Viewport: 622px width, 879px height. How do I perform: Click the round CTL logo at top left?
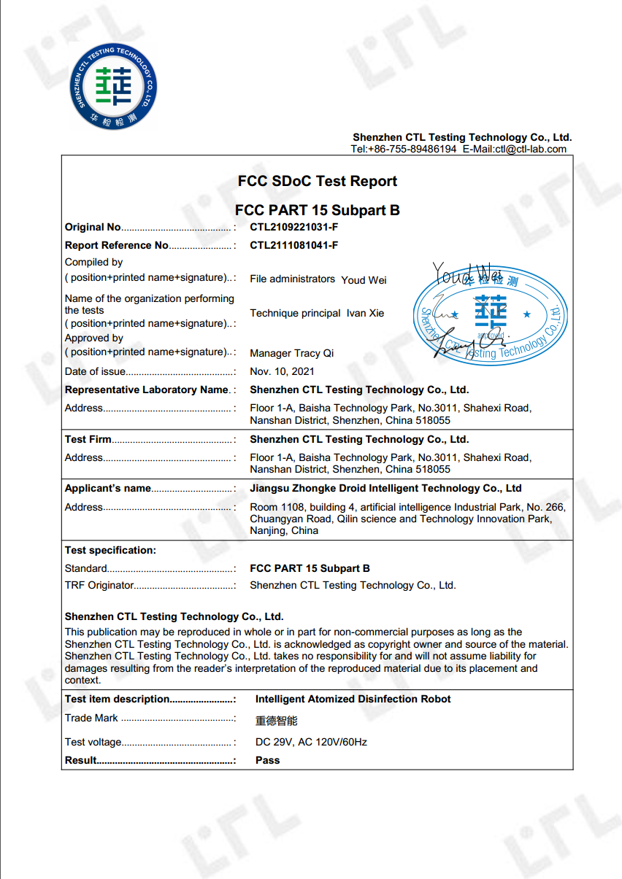pyautogui.click(x=113, y=86)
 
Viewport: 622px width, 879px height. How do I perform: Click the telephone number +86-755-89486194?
pyautogui.click(x=414, y=149)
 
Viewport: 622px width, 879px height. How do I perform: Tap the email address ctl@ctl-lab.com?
pyautogui.click(x=531, y=149)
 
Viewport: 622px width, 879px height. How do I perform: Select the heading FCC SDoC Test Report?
pyautogui.click(x=318, y=182)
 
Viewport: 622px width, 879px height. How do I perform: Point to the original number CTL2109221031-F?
pyautogui.click(x=293, y=227)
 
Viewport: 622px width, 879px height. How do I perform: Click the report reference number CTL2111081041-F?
pyautogui.click(x=293, y=245)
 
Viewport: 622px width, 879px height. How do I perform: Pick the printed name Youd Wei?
pyautogui.click(x=364, y=279)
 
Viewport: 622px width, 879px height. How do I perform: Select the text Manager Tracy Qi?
pyautogui.click(x=292, y=353)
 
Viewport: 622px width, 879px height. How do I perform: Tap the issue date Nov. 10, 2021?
pyautogui.click(x=283, y=371)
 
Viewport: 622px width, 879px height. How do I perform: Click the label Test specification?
pyautogui.click(x=110, y=550)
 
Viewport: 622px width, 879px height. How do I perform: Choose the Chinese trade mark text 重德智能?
pyautogui.click(x=277, y=721)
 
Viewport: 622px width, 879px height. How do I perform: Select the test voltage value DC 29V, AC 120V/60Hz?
pyautogui.click(x=311, y=742)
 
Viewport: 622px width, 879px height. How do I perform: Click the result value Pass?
pyautogui.click(x=267, y=760)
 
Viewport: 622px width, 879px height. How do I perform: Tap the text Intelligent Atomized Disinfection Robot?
pyautogui.click(x=353, y=699)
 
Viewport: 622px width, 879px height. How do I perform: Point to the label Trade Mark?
pyautogui.click(x=91, y=718)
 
